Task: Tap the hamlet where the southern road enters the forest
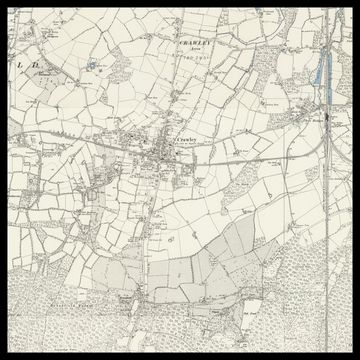[131, 297]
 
